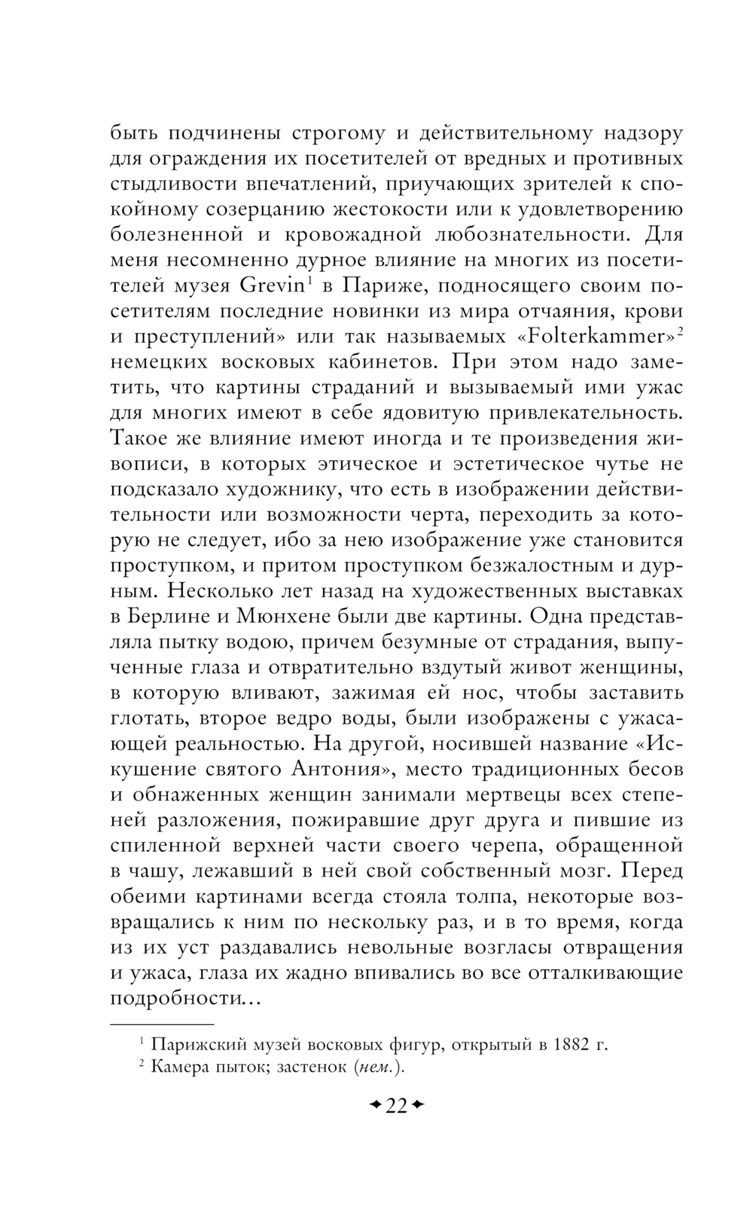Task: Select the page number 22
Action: pos(396,1106)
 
